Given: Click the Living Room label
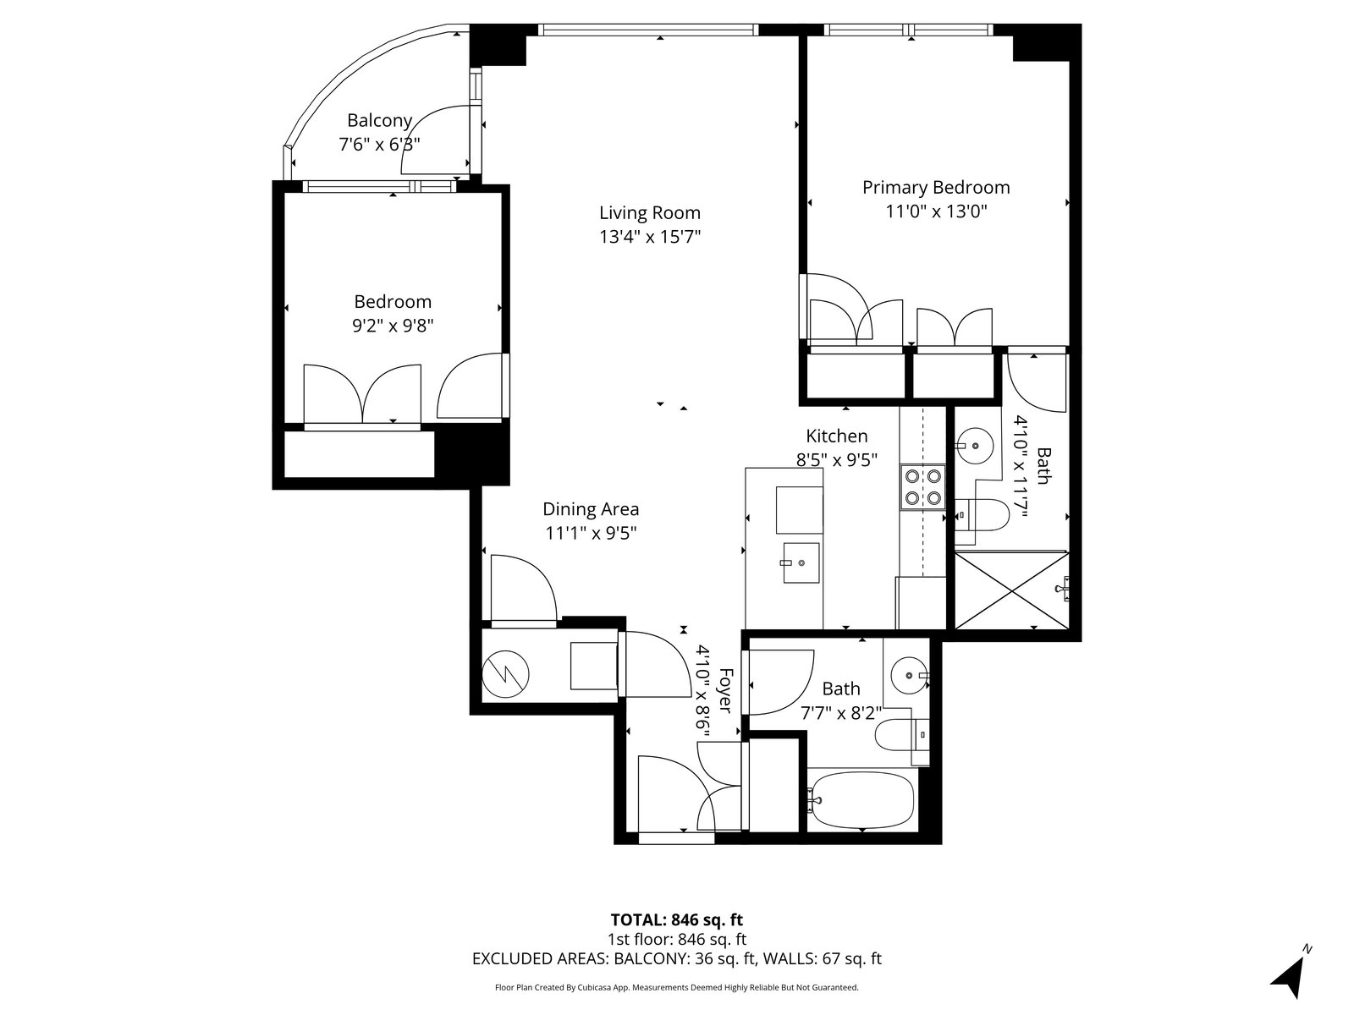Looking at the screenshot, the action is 650,213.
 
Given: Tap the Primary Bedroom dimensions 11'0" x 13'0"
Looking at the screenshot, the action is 937,212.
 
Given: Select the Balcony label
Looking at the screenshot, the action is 379,121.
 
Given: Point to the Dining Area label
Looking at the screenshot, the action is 591,509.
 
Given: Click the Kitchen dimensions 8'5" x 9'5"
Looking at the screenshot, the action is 836,460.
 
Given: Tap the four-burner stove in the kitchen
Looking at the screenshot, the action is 922,487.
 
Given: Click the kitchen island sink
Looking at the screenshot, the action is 801,562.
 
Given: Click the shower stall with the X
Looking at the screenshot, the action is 1011,591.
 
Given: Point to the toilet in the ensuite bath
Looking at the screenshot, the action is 982,514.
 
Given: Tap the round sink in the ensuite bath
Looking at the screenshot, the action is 975,445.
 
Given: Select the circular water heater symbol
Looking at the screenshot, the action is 505,675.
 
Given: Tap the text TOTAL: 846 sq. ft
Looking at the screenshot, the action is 677,919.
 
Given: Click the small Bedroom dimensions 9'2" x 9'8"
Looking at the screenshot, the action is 393,326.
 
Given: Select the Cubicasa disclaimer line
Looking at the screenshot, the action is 677,987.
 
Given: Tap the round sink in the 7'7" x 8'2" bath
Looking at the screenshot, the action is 910,676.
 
